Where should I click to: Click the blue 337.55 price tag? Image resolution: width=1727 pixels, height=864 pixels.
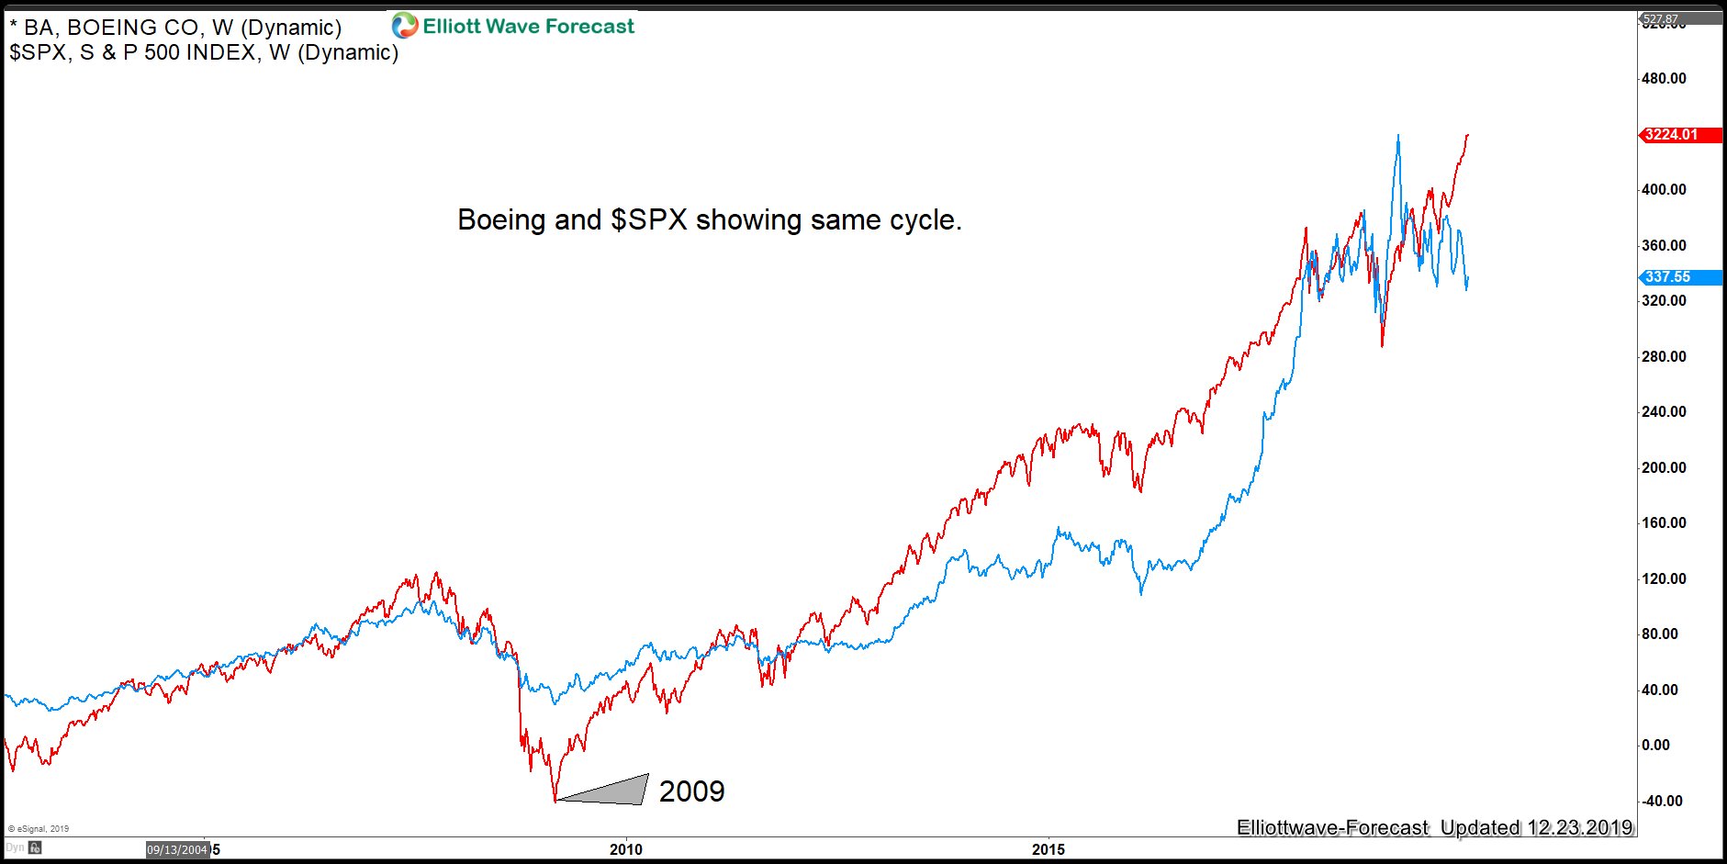tap(1666, 277)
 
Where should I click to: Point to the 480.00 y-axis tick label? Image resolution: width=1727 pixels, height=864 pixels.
tap(1664, 79)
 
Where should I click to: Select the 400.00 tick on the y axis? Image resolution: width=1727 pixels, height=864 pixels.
tap(1664, 190)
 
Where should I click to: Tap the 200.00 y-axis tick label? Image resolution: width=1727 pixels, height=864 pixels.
tap(1664, 467)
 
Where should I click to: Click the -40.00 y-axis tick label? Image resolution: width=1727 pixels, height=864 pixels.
tap(1662, 801)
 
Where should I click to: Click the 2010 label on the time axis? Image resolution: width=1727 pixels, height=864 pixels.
tap(626, 849)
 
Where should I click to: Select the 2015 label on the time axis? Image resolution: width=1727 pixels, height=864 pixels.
tap(1048, 849)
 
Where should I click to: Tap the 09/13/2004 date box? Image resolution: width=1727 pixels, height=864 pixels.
tap(177, 850)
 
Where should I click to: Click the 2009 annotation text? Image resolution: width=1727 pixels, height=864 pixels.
tap(691, 791)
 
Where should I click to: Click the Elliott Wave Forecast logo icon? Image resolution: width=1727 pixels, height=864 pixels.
tap(404, 26)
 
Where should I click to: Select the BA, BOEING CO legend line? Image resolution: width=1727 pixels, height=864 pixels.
tap(175, 28)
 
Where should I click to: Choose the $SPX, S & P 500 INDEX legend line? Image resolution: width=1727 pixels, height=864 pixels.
tap(204, 53)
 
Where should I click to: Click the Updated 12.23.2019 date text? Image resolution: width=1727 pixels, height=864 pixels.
tap(1536, 827)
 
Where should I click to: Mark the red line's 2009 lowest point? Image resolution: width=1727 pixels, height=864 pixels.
tap(555, 801)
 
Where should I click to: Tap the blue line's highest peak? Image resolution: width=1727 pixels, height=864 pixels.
tap(1397, 136)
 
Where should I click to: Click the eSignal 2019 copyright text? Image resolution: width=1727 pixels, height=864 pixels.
tap(39, 829)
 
